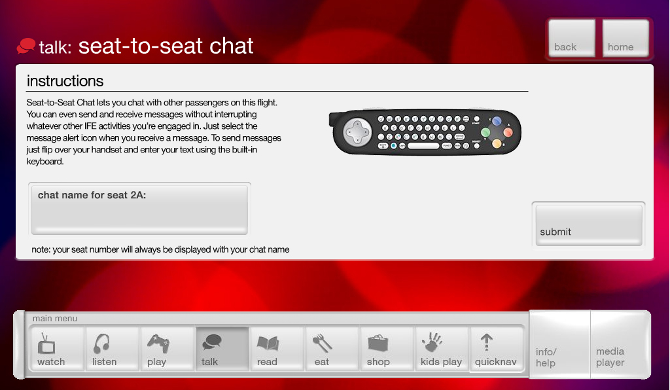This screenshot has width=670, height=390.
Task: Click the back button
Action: pyautogui.click(x=572, y=37)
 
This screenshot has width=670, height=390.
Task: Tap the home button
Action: pyautogui.click(x=626, y=37)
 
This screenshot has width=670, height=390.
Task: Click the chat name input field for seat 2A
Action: pyautogui.click(x=139, y=209)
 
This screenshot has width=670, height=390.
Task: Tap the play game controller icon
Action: pyautogui.click(x=158, y=343)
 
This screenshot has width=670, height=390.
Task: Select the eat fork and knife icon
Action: pyautogui.click(x=322, y=343)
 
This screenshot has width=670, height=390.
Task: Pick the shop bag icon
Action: pyautogui.click(x=378, y=343)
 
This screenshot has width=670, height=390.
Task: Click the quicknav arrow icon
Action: pyautogui.click(x=486, y=342)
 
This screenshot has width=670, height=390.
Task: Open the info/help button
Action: pyautogui.click(x=560, y=344)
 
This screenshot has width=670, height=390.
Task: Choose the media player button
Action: pyautogui.click(x=620, y=344)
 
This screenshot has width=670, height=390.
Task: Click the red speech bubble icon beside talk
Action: pyautogui.click(x=26, y=46)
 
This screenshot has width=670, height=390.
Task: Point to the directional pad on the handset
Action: pyautogui.click(x=358, y=132)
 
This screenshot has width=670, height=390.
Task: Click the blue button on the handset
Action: pyautogui.click(x=497, y=121)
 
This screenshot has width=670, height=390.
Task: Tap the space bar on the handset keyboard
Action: pyautogui.click(x=423, y=146)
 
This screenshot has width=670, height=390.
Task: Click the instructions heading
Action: pyautogui.click(x=65, y=80)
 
